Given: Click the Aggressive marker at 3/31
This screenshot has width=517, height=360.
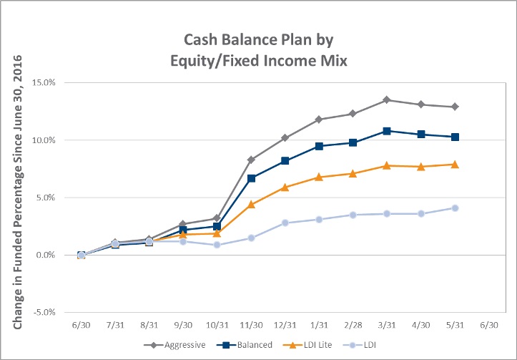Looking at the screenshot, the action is click(387, 99).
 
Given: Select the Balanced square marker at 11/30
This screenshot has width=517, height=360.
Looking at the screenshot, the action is click(251, 178).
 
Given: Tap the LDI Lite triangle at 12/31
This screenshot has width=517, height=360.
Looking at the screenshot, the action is click(285, 187).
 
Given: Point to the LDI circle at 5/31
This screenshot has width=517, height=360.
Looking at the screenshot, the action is click(455, 208).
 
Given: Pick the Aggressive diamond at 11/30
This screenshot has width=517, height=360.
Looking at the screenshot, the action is click(251, 160).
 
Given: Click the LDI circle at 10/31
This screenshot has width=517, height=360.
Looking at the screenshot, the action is click(217, 245).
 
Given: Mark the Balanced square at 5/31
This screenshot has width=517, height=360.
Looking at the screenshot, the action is click(455, 137).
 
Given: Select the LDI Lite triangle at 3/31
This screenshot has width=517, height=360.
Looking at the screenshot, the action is click(387, 165).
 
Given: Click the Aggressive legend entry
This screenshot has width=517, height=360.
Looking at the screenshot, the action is click(174, 345).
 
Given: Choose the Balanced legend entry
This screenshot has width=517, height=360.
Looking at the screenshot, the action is click(245, 345).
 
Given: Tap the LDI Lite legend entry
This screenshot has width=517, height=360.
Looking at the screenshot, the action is click(307, 345).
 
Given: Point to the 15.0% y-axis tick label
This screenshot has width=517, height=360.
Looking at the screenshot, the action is click(44, 82).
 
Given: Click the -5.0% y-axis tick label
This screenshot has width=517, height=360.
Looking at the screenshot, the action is click(44, 312).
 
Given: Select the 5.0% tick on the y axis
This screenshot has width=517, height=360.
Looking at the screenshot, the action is click(46, 198).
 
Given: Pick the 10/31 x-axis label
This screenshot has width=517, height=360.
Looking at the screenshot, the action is click(217, 325).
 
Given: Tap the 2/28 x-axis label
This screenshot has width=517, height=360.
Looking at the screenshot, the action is click(353, 325).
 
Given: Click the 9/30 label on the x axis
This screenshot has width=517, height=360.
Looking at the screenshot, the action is click(183, 325).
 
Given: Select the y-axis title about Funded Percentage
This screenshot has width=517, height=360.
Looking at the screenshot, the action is click(17, 192).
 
